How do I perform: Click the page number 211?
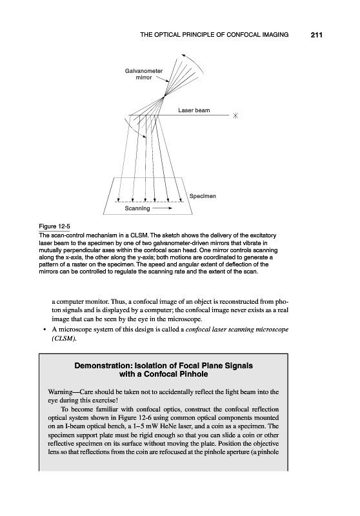coord(316,35)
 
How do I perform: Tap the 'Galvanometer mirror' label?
coord(144,74)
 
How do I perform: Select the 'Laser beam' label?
coord(194,110)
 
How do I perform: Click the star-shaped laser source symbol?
coord(235,115)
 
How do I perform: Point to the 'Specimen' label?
coord(203,196)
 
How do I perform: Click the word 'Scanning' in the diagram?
coord(137,208)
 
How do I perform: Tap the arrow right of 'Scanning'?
coord(162,208)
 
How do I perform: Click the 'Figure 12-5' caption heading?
coord(55,226)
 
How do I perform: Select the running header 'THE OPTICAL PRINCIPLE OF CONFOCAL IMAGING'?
coord(214,35)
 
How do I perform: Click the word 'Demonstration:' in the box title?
coord(100,366)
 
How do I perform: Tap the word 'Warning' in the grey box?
coord(61,392)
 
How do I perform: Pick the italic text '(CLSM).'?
coord(64,338)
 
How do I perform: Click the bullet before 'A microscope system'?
coord(44,330)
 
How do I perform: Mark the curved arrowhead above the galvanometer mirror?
coord(183,55)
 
